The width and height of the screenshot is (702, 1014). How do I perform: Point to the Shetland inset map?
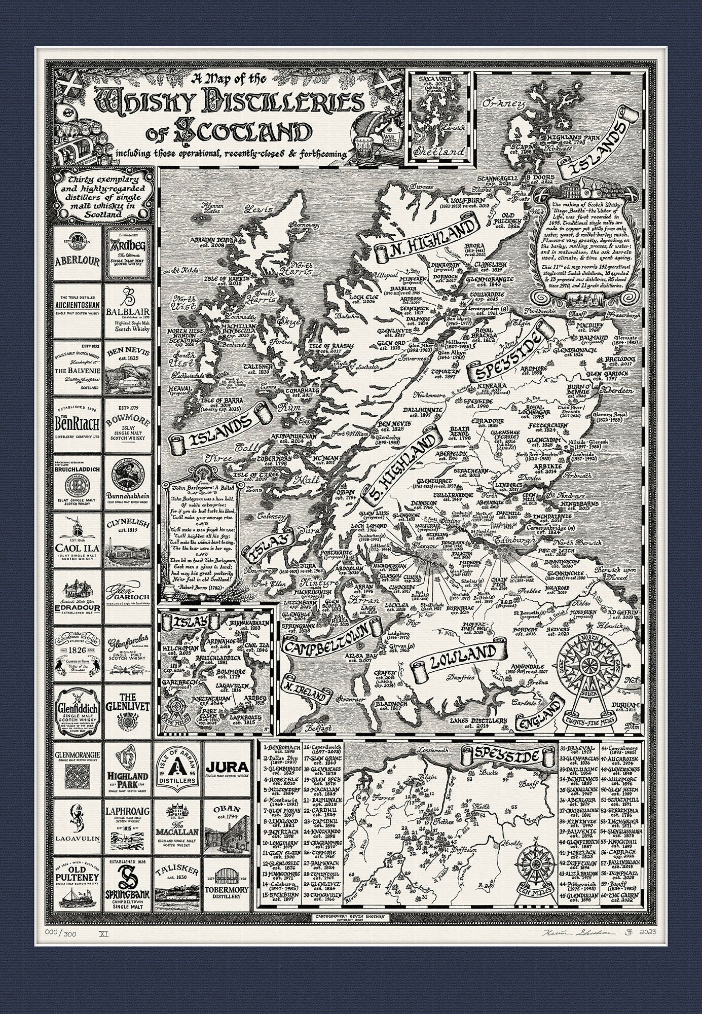(439, 117)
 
